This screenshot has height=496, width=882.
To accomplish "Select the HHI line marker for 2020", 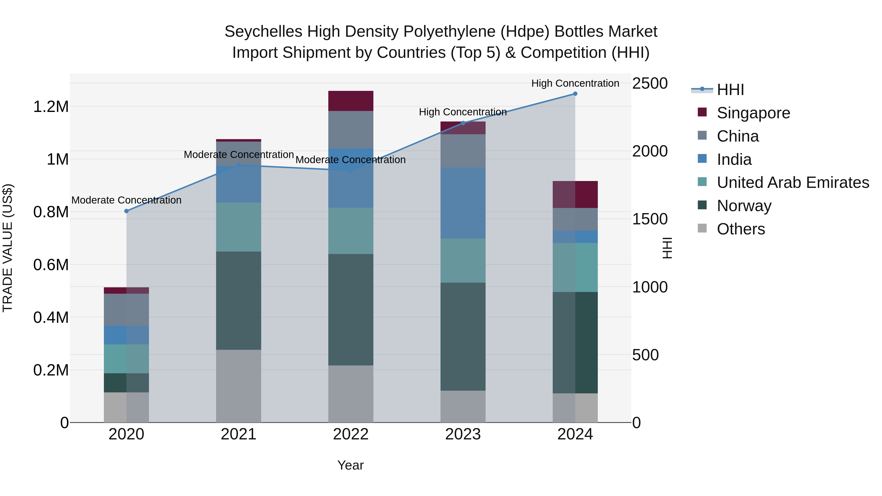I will tap(126, 211).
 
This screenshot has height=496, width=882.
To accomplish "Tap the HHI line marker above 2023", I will tap(463, 123).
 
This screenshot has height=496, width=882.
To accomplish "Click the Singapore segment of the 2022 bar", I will tap(351, 101).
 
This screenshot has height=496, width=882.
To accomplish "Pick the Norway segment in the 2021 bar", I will tap(238, 301).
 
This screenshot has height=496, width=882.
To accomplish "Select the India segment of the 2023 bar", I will tap(463, 203).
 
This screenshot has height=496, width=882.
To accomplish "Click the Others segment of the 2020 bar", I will tap(126, 407).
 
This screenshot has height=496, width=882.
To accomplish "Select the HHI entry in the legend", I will tap(730, 90).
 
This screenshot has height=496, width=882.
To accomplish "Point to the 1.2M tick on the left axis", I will tap(51, 107).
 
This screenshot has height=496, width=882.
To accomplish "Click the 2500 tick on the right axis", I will tap(649, 84).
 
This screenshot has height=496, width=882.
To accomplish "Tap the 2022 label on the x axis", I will tap(351, 434).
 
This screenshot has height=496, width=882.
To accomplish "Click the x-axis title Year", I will tap(350, 465).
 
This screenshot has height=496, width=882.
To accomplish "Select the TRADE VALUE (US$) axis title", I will tap(8, 248).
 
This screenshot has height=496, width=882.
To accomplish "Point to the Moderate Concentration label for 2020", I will tap(126, 200).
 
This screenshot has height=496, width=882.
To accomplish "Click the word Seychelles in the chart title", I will tap(263, 32).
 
